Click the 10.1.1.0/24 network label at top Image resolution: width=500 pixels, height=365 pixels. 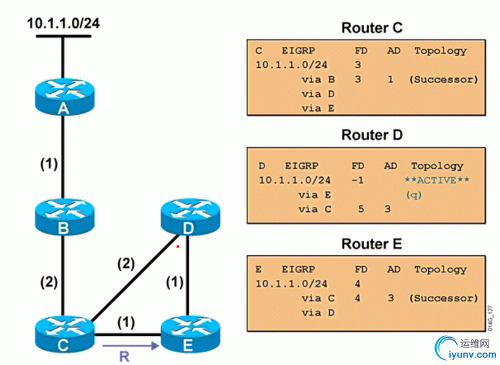63,23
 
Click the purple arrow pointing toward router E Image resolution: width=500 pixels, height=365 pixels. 129,347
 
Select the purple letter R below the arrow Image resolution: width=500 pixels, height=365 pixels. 124,357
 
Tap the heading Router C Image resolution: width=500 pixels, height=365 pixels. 371,28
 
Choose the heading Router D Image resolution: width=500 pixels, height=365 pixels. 371,135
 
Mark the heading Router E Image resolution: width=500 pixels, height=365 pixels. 371,244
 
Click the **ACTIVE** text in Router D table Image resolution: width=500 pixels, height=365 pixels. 437,180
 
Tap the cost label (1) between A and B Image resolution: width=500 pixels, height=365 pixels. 46,164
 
